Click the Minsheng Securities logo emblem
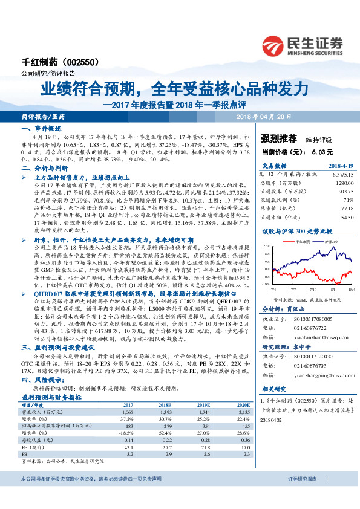[275, 44]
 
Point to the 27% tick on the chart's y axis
[265, 247]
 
